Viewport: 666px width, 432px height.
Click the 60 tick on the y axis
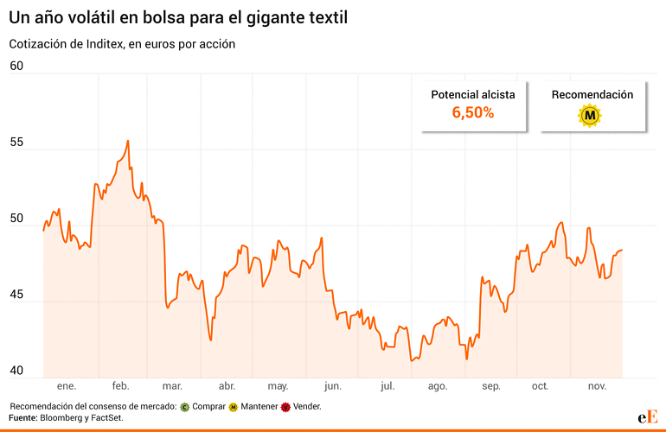(x=16, y=66)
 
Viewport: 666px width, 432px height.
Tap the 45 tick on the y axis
(x=16, y=295)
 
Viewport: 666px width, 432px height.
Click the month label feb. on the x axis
(x=120, y=386)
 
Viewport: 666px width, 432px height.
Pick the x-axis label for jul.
(x=387, y=386)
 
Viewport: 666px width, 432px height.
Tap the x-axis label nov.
(x=598, y=386)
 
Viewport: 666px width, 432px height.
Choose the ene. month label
(x=67, y=386)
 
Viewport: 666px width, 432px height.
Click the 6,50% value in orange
(x=473, y=112)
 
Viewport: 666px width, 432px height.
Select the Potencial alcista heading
(x=473, y=94)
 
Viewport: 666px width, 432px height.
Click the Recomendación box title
(x=592, y=94)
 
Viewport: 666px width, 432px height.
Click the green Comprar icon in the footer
(x=185, y=406)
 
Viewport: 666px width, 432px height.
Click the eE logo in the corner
(x=647, y=416)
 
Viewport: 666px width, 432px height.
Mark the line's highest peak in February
(x=128, y=141)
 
